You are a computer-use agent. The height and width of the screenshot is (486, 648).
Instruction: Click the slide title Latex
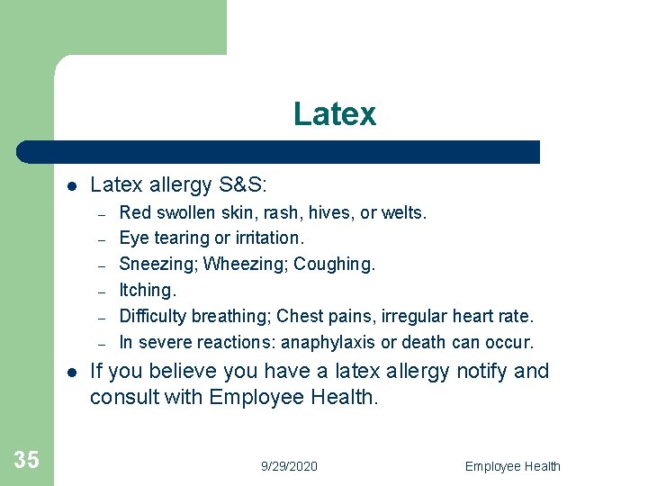334,114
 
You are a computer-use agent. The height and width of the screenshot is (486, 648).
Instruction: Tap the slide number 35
27,460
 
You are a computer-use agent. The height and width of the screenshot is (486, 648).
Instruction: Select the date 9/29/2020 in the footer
289,466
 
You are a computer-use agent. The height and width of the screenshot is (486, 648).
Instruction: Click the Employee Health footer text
512,466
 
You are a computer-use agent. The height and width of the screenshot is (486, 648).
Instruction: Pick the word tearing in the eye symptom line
184,238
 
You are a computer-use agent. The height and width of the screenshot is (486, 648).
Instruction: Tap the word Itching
148,290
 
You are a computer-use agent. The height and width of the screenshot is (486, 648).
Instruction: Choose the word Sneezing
158,265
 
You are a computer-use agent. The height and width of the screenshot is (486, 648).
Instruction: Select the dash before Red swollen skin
103,214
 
